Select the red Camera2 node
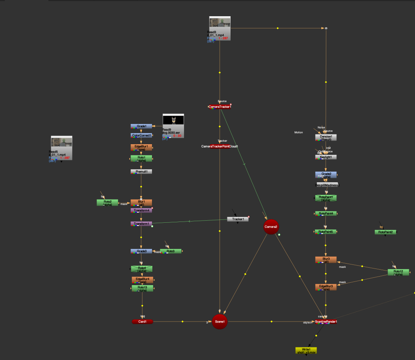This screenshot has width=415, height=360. (x=271, y=227)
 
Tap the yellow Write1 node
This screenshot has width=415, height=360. (x=306, y=350)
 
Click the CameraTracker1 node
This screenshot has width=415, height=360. (x=220, y=107)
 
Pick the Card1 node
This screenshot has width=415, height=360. (x=142, y=322)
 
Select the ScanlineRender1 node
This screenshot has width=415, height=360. (x=326, y=322)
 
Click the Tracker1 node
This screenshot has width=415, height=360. (x=238, y=219)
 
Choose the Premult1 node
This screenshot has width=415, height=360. (x=141, y=172)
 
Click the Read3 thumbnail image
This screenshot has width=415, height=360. (x=220, y=22)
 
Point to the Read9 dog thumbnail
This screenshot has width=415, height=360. (x=173, y=119)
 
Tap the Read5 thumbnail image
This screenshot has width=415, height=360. (x=61, y=142)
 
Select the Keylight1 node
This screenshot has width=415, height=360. (x=326, y=157)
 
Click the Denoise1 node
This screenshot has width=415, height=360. (x=326, y=137)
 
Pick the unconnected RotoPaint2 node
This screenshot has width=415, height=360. (x=385, y=232)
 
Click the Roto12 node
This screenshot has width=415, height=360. (x=398, y=272)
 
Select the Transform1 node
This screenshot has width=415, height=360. (x=141, y=224)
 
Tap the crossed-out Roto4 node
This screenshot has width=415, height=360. (x=141, y=268)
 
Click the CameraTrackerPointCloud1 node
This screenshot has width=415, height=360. (x=220, y=146)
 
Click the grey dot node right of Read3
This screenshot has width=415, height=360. (x=326, y=28)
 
